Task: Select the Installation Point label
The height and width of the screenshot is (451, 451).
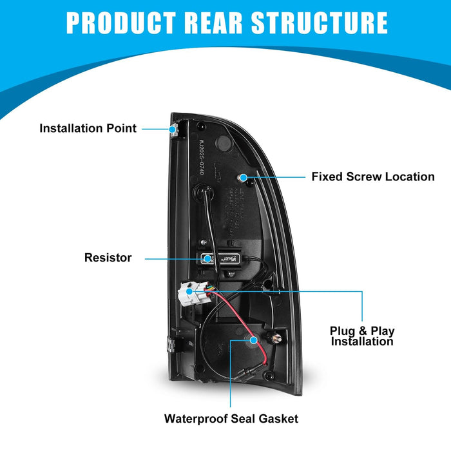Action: pyautogui.click(x=88, y=128)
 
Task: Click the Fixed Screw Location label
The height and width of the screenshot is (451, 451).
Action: pyautogui.click(x=373, y=177)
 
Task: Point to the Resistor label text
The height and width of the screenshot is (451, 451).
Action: pyautogui.click(x=108, y=258)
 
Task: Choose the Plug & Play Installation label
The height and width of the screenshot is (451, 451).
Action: pyautogui.click(x=363, y=336)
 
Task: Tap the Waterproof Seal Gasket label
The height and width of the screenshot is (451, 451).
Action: pyautogui.click(x=231, y=419)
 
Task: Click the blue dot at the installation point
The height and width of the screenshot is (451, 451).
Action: pyautogui.click(x=173, y=129)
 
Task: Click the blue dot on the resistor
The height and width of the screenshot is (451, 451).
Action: pyautogui.click(x=207, y=258)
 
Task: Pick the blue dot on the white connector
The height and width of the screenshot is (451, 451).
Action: pyautogui.click(x=189, y=291)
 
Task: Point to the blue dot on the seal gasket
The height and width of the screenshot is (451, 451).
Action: pyautogui.click(x=253, y=339)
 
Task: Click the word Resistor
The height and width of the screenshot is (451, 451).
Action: pyautogui.click(x=108, y=258)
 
